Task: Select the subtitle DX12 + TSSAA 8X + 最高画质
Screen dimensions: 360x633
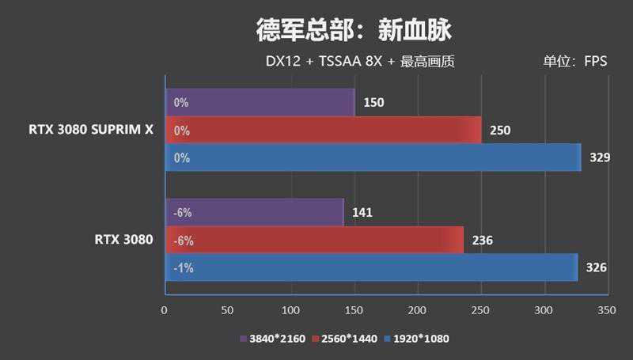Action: (360, 62)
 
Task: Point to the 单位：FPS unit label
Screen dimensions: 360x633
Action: (574, 62)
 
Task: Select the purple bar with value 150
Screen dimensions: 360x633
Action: (260, 102)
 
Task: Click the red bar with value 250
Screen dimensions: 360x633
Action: (323, 130)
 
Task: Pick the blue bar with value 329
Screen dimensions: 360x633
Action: (373, 157)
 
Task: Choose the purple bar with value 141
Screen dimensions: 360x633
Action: (254, 212)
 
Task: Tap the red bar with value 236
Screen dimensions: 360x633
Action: (314, 240)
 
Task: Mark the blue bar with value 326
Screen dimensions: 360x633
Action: (371, 267)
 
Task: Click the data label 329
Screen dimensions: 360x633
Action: (600, 157)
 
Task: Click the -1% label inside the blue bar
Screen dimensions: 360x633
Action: (183, 267)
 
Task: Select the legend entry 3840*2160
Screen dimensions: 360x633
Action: (267, 339)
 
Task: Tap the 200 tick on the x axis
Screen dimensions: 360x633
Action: (418, 311)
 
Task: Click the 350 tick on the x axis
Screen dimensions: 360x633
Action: (607, 311)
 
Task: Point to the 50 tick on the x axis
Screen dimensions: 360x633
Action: (228, 311)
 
